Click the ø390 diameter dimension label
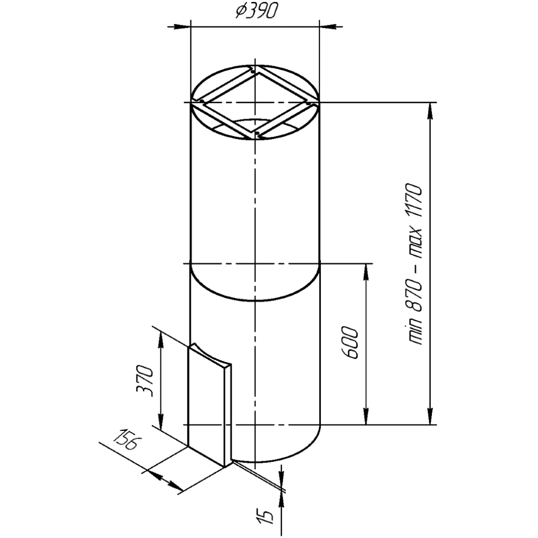(257, 11)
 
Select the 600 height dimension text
(350, 344)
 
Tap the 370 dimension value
(145, 382)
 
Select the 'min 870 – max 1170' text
(414, 264)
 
